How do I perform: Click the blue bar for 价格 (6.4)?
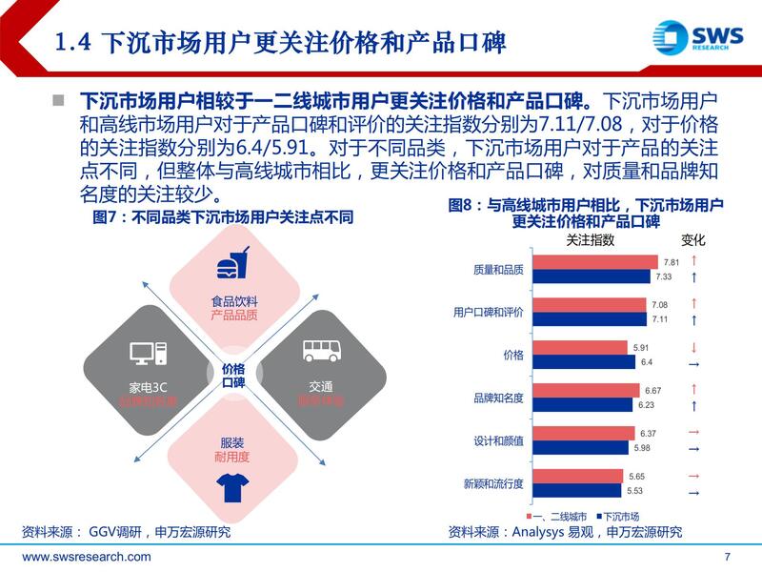[x=584, y=362]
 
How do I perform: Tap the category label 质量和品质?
[x=498, y=270]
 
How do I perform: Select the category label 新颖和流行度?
[x=493, y=483]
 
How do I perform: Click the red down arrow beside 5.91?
[x=693, y=347]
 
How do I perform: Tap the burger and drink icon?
[x=233, y=263]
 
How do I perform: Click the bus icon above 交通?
[x=320, y=350]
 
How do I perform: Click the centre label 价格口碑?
[x=233, y=375]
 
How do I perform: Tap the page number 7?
[x=728, y=557]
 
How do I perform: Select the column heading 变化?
[x=693, y=240]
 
